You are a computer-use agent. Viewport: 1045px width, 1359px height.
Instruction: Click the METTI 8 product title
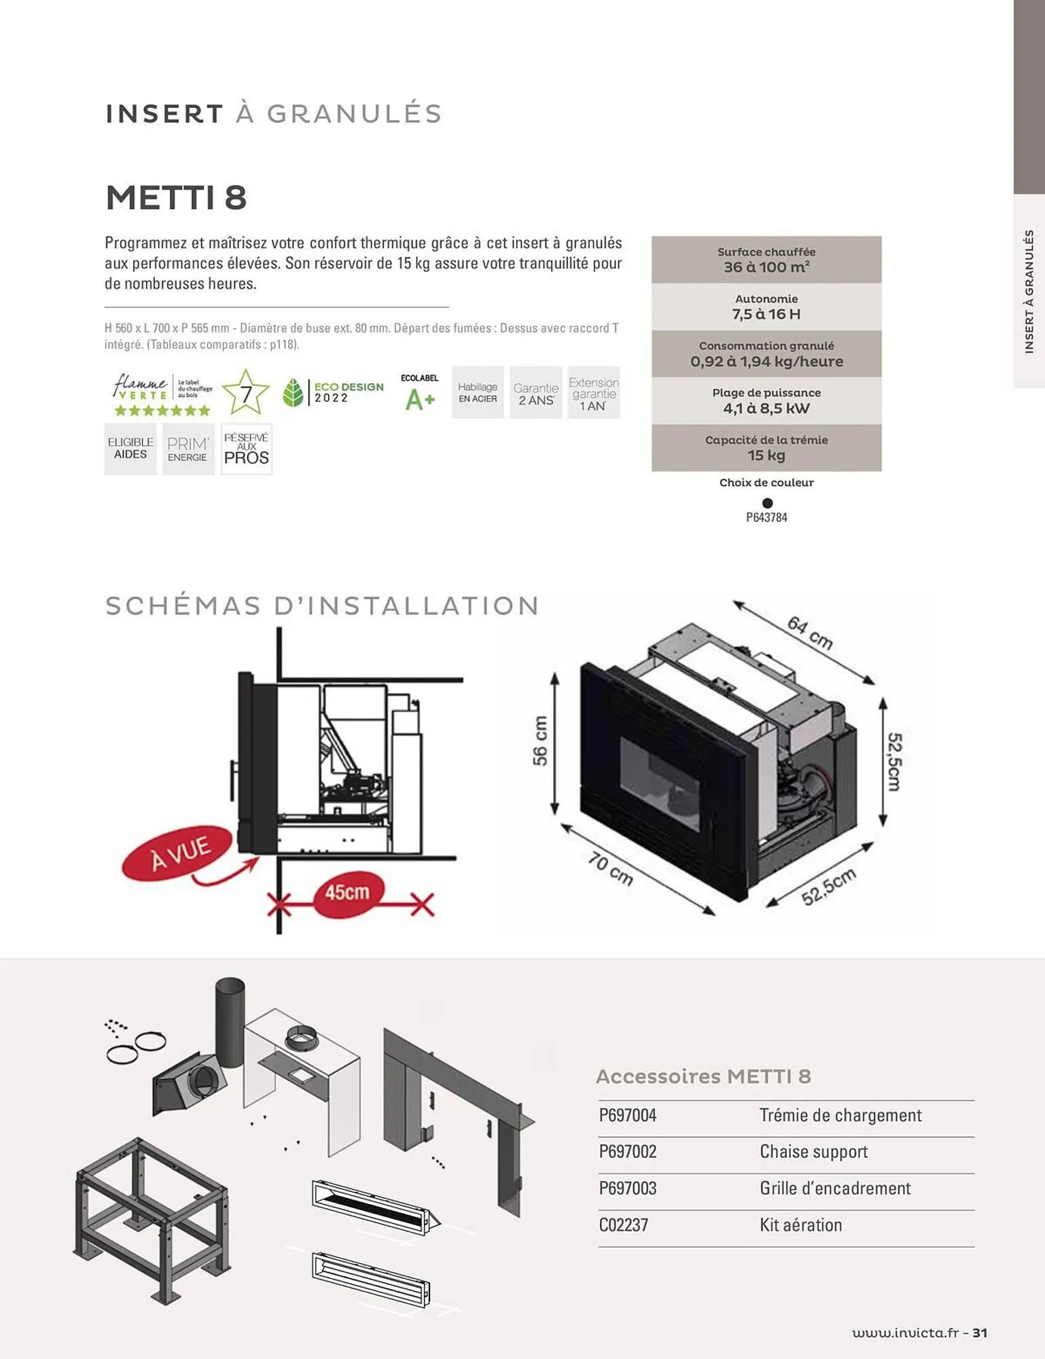click(x=176, y=198)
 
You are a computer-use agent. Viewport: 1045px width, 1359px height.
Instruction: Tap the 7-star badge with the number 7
click(x=245, y=393)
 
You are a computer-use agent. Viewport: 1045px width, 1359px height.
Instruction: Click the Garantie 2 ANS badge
click(x=536, y=393)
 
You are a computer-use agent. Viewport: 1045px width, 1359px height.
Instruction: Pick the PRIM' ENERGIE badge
click(x=188, y=449)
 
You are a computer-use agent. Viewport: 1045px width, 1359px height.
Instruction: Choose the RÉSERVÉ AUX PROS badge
click(x=247, y=449)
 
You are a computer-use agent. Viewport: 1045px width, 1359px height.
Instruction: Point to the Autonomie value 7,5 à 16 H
click(x=766, y=314)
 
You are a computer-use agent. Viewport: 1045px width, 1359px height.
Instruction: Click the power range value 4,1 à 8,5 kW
click(x=766, y=408)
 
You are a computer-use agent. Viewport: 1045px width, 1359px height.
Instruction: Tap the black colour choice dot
click(x=767, y=503)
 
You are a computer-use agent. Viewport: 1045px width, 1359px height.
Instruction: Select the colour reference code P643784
click(x=766, y=517)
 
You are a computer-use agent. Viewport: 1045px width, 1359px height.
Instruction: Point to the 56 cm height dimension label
click(x=540, y=741)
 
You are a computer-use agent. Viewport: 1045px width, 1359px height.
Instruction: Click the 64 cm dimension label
click(x=810, y=633)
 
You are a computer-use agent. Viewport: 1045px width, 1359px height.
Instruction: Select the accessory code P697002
click(x=628, y=1152)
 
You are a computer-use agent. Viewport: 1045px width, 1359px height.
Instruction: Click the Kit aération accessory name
click(x=800, y=1225)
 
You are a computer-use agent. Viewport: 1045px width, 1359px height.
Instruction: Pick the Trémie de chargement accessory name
click(x=840, y=1115)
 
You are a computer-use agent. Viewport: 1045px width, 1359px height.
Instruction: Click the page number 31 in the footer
click(x=980, y=1332)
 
